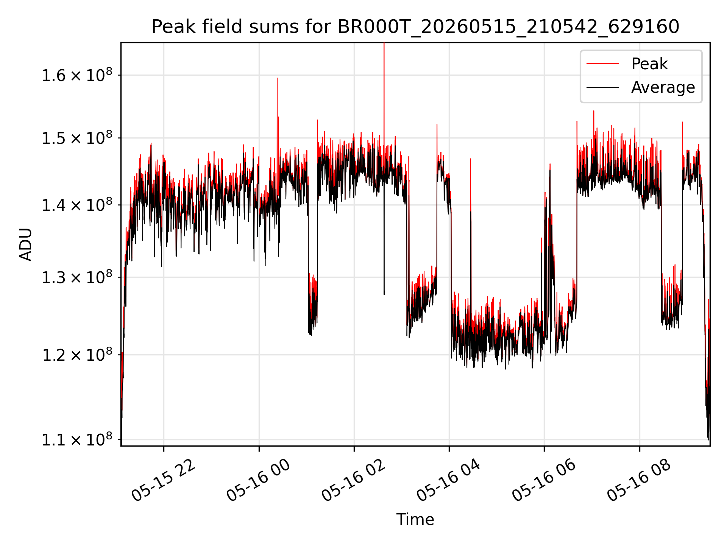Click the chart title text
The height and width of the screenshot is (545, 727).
[x=415, y=27]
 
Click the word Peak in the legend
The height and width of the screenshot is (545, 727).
[x=649, y=64]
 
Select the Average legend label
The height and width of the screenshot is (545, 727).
[x=663, y=87]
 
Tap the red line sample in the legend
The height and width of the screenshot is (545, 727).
[x=602, y=64]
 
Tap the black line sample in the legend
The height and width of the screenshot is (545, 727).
[x=602, y=87]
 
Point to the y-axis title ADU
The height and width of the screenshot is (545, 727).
[x=26, y=244]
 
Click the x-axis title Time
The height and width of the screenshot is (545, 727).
[x=415, y=519]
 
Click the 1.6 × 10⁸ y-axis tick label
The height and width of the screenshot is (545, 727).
[x=77, y=75]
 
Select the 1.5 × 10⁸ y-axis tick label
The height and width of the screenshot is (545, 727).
[x=77, y=138]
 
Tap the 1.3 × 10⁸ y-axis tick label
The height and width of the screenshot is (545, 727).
[x=77, y=277]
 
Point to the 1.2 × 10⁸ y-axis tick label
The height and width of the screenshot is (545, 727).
[x=77, y=355]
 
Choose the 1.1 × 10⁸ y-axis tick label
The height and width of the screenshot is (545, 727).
[x=77, y=439]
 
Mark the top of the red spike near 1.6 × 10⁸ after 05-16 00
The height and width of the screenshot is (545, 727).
[x=277, y=78]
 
